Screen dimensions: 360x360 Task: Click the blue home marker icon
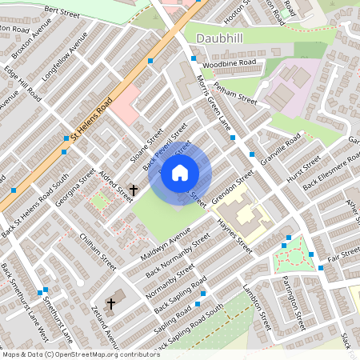coord(180,173)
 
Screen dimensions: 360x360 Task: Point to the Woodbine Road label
coord(229,62)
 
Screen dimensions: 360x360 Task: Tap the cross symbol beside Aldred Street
coord(134,190)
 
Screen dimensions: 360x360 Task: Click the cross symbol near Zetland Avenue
coord(110,304)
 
